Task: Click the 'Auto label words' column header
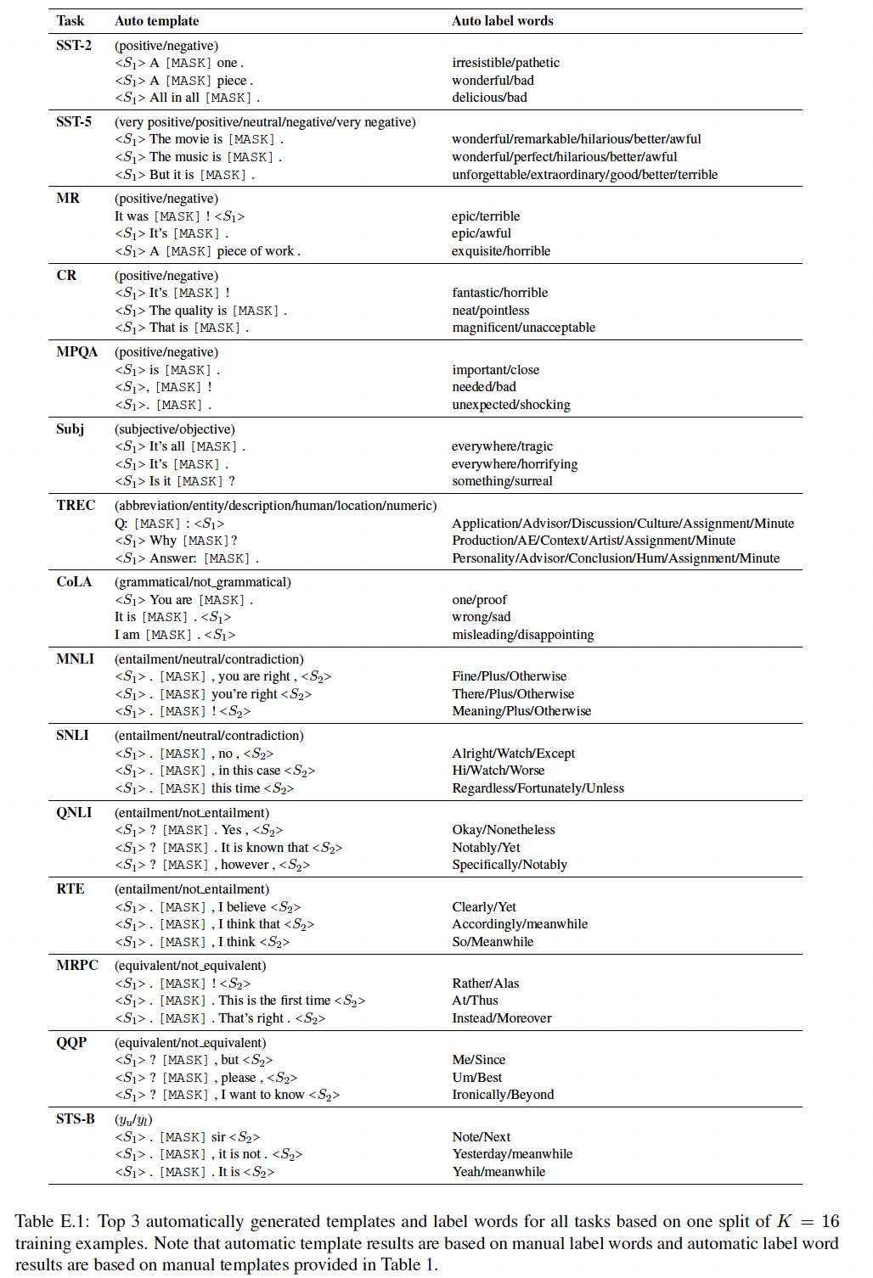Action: [x=502, y=21]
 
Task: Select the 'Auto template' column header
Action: [x=156, y=21]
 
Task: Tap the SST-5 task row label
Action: [x=74, y=122]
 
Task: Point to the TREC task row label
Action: [x=76, y=506]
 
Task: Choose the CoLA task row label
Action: [x=74, y=582]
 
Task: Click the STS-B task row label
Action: [x=76, y=1119]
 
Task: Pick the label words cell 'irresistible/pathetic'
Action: [x=505, y=63]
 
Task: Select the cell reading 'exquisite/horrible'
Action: [x=501, y=251]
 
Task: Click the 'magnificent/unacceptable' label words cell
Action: [x=523, y=328]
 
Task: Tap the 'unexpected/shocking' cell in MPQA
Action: [x=510, y=405]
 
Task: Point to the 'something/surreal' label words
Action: [x=502, y=481]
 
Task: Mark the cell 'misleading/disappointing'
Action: [x=522, y=635]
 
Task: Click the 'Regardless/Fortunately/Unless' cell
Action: [x=538, y=788]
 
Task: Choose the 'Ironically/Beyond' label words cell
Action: [x=503, y=1095]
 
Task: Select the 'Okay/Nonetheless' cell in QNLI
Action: [x=503, y=830]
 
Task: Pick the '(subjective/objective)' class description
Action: [x=175, y=429]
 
